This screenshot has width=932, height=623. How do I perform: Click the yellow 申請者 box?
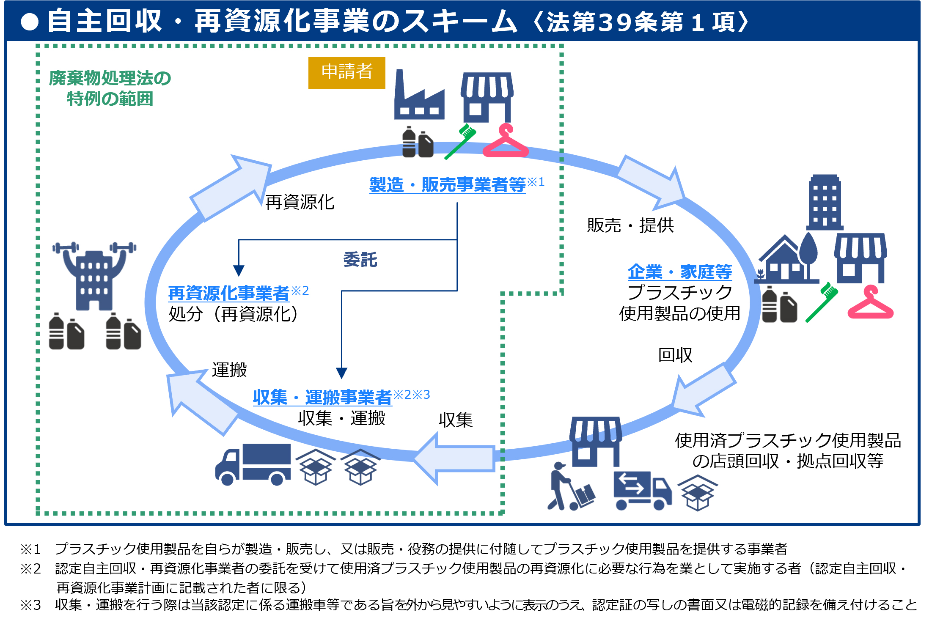pyautogui.click(x=346, y=73)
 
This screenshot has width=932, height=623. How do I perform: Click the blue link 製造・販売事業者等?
pyautogui.click(x=447, y=185)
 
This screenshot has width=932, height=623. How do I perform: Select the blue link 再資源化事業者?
pyautogui.click(x=228, y=293)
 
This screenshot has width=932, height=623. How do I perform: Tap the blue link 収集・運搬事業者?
pyautogui.click(x=322, y=397)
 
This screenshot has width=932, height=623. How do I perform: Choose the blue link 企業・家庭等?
pyautogui.click(x=679, y=272)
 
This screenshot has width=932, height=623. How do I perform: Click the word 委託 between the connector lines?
pyautogui.click(x=360, y=260)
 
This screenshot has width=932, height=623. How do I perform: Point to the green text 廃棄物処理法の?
pyautogui.click(x=110, y=78)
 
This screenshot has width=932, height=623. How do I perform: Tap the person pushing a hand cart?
pyautogui.click(x=569, y=488)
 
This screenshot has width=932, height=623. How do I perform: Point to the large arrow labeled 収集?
pyautogui.click(x=455, y=458)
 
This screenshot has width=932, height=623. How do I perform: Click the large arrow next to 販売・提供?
pyautogui.click(x=652, y=182)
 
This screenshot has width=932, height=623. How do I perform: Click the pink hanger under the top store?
pyautogui.click(x=505, y=142)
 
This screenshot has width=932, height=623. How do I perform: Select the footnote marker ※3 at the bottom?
pyautogui.click(x=30, y=605)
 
